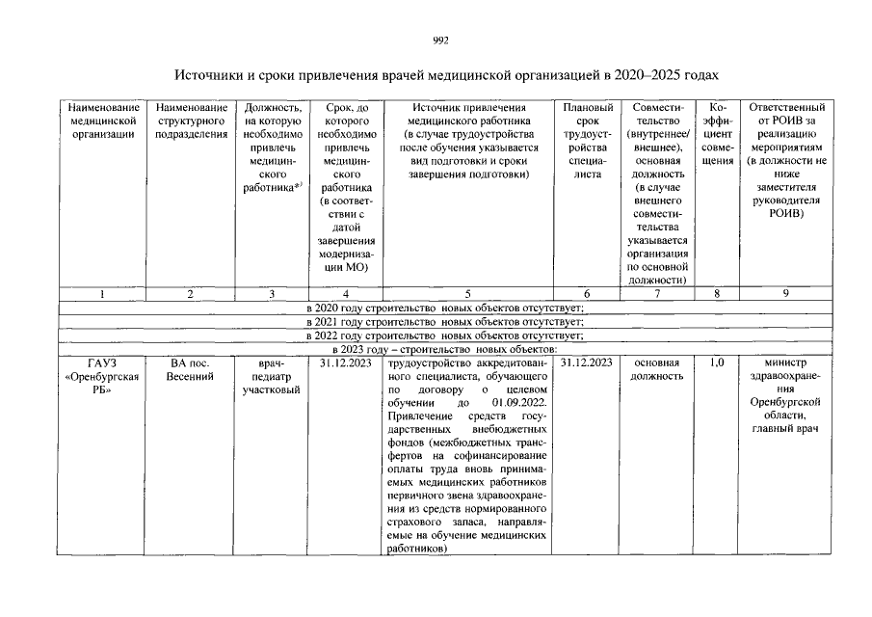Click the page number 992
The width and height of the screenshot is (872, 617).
pyautogui.click(x=440, y=40)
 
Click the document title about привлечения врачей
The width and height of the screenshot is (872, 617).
pyautogui.click(x=445, y=75)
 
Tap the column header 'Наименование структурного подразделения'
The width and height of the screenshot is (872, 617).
pyautogui.click(x=191, y=121)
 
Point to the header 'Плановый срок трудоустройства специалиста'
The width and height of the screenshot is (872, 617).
pyautogui.click(x=587, y=141)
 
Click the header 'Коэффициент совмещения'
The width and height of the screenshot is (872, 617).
pyautogui.click(x=715, y=134)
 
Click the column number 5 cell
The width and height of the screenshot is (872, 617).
pyautogui.click(x=467, y=293)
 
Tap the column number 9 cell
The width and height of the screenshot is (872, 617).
pyautogui.click(x=785, y=293)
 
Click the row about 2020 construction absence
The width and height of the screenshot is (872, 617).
pyautogui.click(x=445, y=308)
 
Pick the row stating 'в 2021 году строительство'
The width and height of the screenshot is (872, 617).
pyautogui.click(x=445, y=321)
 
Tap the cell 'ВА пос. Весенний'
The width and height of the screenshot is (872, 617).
pyautogui.click(x=191, y=369)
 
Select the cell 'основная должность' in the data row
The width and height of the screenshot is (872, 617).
pyautogui.click(x=656, y=369)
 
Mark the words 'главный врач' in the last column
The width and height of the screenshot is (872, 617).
pyautogui.click(x=785, y=429)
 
